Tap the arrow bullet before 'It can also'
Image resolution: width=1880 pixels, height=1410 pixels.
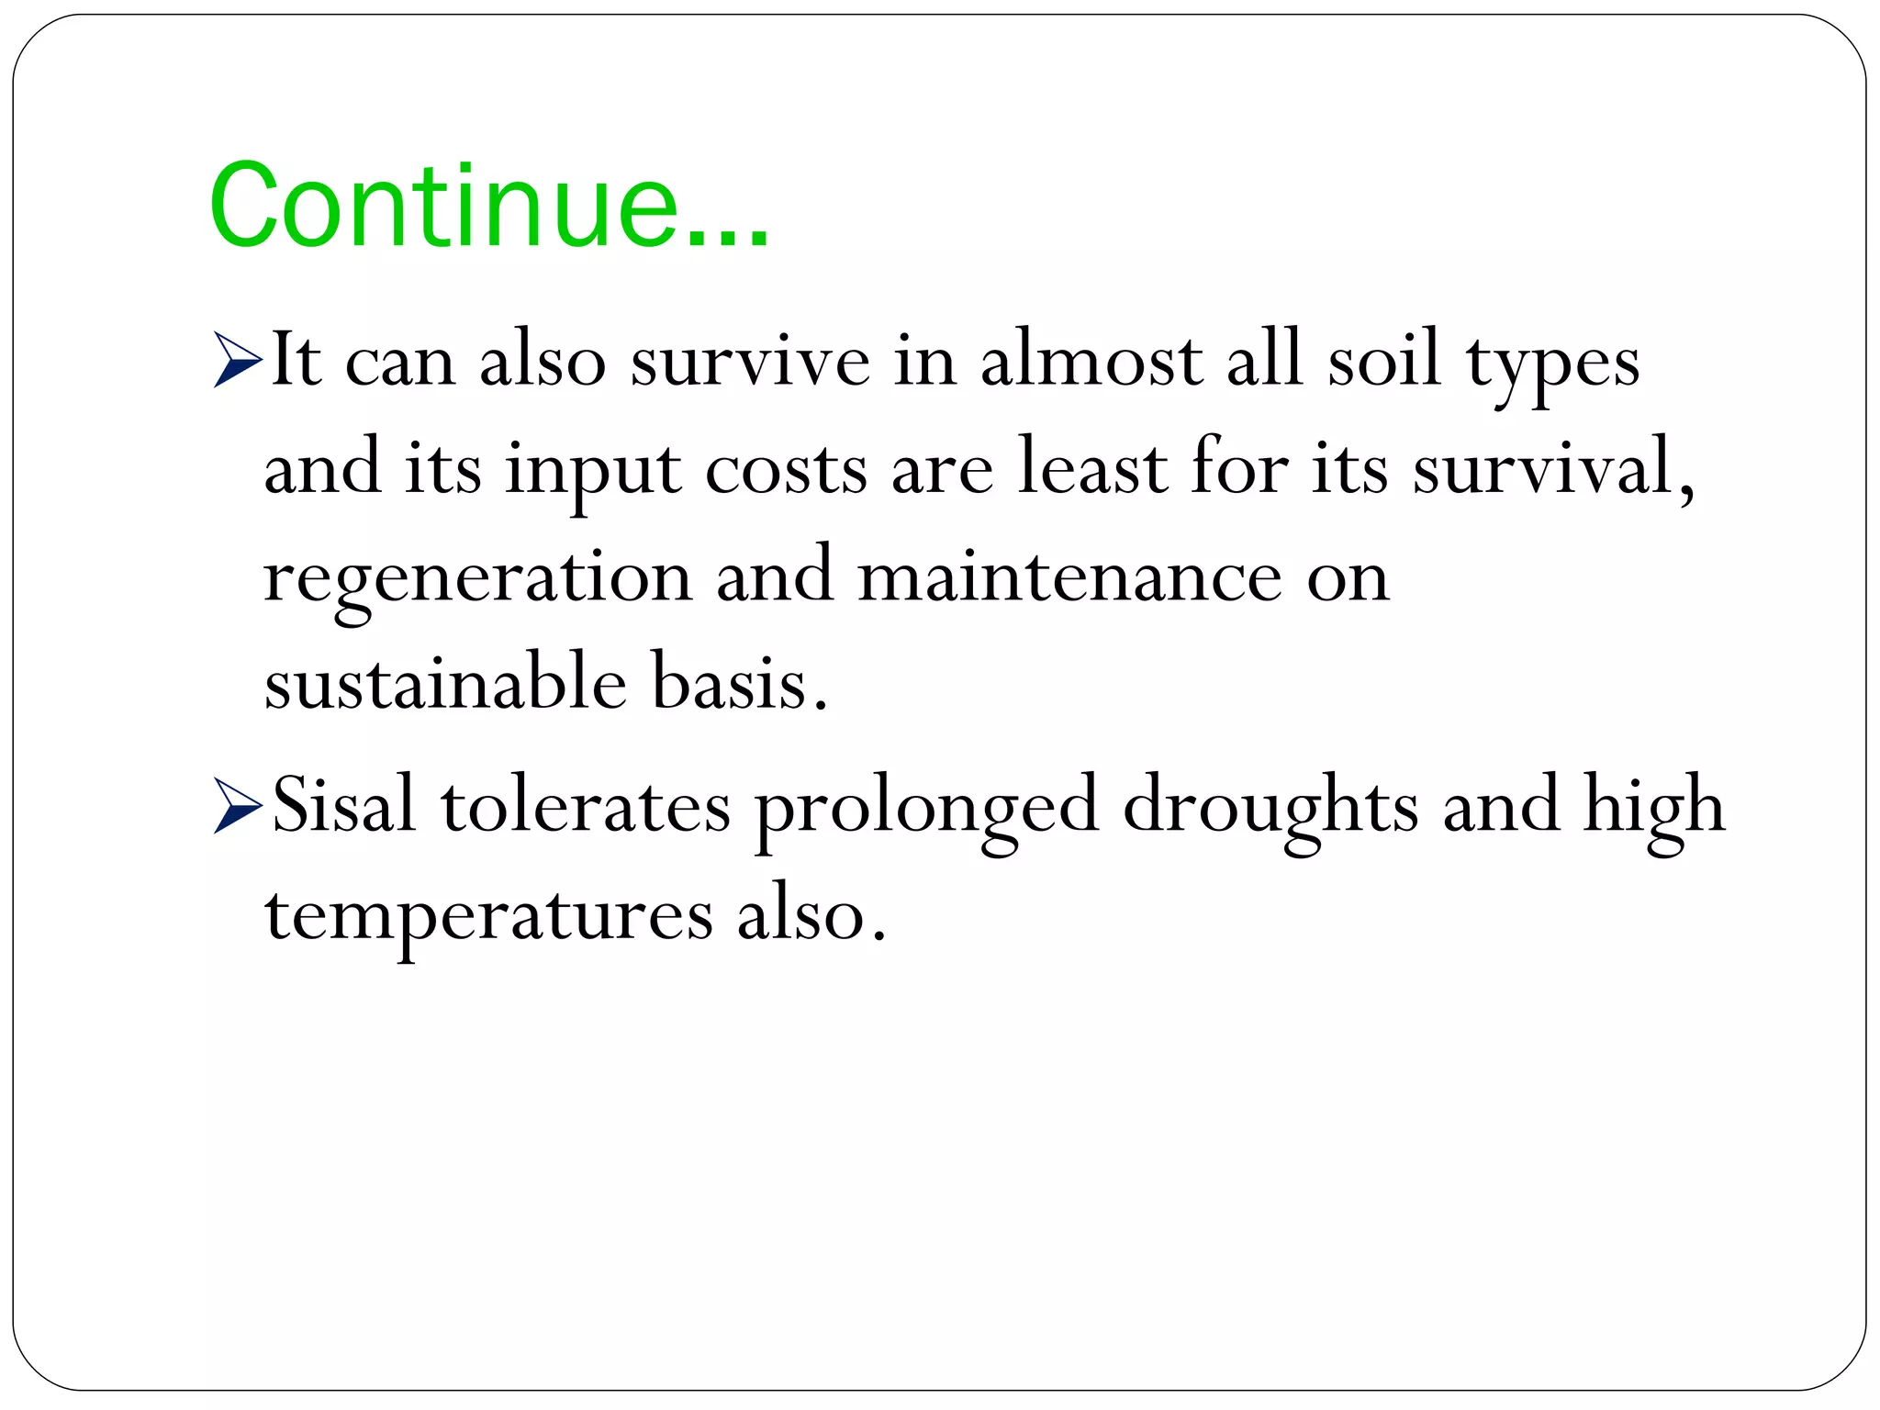[x=237, y=359]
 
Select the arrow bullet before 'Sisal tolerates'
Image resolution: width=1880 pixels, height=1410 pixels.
[x=237, y=805]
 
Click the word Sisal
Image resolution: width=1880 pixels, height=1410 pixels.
[x=343, y=805]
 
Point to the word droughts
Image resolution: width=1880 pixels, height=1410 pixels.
[x=1270, y=805]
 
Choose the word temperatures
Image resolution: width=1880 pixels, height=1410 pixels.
[x=488, y=915]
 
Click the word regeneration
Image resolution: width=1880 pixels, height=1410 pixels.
[x=477, y=578]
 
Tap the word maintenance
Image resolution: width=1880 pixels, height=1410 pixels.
[x=1069, y=578]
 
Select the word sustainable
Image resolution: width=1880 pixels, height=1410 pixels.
[x=446, y=684]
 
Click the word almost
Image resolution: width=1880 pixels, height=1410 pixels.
[x=1091, y=359]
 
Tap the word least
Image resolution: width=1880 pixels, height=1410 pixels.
[x=1091, y=468]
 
